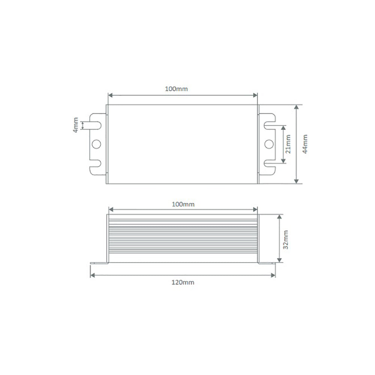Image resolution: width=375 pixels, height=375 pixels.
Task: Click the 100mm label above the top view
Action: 176,89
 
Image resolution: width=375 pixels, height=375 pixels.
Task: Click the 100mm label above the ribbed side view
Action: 183,204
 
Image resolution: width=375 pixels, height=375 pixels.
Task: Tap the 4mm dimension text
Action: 76,125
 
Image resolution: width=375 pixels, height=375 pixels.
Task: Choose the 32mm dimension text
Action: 286,240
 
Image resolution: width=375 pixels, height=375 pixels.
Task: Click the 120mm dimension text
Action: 183,282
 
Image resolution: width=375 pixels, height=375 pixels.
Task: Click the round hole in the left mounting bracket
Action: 97,144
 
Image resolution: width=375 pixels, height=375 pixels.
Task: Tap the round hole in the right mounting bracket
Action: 268,144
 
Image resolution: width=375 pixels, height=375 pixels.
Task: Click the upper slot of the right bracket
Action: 269,124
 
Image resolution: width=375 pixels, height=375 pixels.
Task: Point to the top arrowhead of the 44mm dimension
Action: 297,107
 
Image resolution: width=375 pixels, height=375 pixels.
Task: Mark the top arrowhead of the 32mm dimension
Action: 279,217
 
